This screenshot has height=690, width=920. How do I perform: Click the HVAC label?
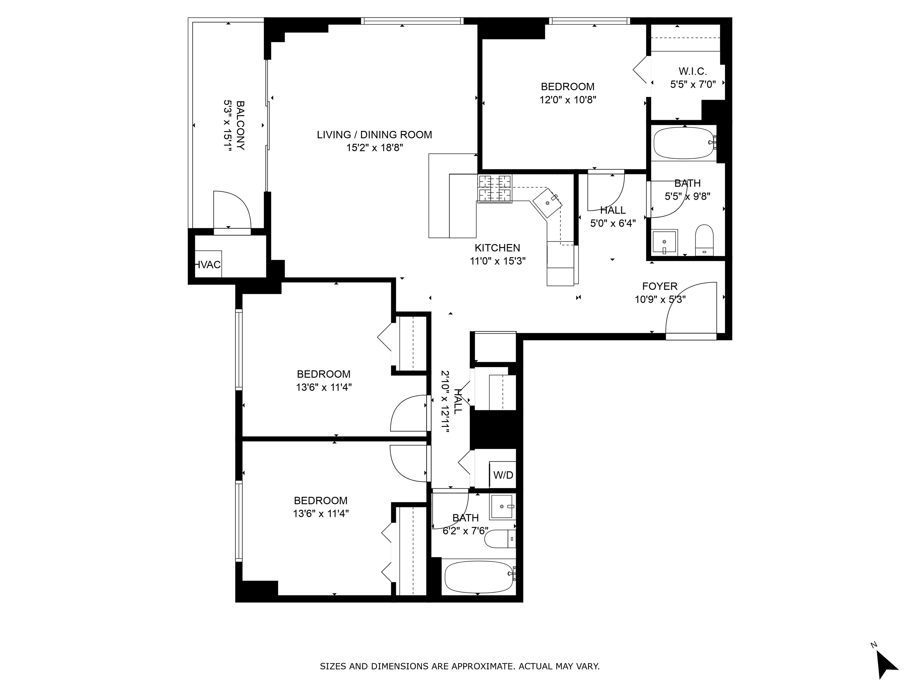pos(208,264)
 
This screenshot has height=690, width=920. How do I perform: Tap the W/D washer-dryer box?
pos(503,475)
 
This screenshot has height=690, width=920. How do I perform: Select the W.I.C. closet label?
pos(692,71)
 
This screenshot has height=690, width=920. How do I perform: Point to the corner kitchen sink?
pos(548,203)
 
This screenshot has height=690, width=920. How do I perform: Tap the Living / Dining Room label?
pos(374,135)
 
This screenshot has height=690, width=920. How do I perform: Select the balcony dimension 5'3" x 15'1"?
pos(228,125)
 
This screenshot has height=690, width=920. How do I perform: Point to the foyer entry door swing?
pos(691,308)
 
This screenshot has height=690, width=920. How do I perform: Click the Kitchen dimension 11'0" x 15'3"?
pos(498,261)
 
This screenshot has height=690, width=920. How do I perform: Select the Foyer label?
pos(660,286)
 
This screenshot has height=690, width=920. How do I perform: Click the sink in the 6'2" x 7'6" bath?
pos(502,507)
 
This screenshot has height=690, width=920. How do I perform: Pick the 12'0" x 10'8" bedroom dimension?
pos(568,100)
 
